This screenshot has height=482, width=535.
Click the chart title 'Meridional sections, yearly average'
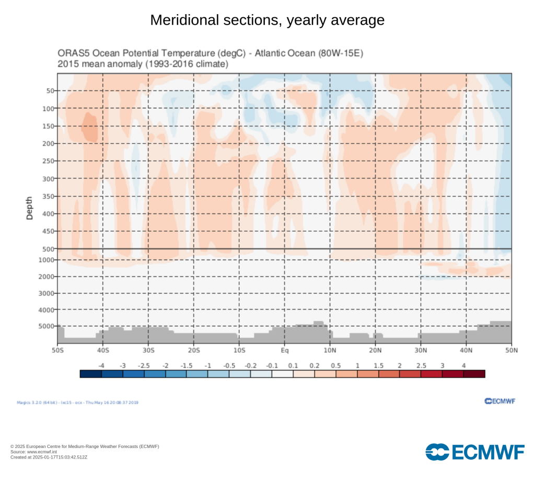pyautogui.click(x=267, y=20)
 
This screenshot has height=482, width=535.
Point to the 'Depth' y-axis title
pyautogui.click(x=29, y=208)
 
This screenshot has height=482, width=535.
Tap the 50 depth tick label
pyautogui.click(x=50, y=91)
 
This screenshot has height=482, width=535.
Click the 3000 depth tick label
pyautogui.click(x=47, y=293)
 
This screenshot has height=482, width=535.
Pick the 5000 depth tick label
pyautogui.click(x=47, y=326)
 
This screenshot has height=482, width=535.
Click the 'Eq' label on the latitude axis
pyautogui.click(x=285, y=350)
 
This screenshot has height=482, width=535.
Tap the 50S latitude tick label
pyautogui.click(x=57, y=350)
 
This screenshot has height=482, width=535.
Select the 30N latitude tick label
pyautogui.click(x=421, y=350)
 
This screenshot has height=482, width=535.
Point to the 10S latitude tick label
pyautogui.click(x=239, y=350)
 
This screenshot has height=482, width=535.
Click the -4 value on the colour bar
pyautogui.click(x=101, y=365)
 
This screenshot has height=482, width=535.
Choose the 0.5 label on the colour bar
pyautogui.click(x=336, y=365)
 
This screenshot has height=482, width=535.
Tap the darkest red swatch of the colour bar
pyautogui.click(x=474, y=373)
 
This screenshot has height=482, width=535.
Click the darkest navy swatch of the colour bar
pyautogui.click(x=90, y=373)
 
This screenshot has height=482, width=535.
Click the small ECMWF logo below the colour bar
pyautogui.click(x=500, y=401)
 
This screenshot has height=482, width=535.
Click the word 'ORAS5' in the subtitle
pyautogui.click(x=71, y=54)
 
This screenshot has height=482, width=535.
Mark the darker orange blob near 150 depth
pyautogui.click(x=90, y=127)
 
